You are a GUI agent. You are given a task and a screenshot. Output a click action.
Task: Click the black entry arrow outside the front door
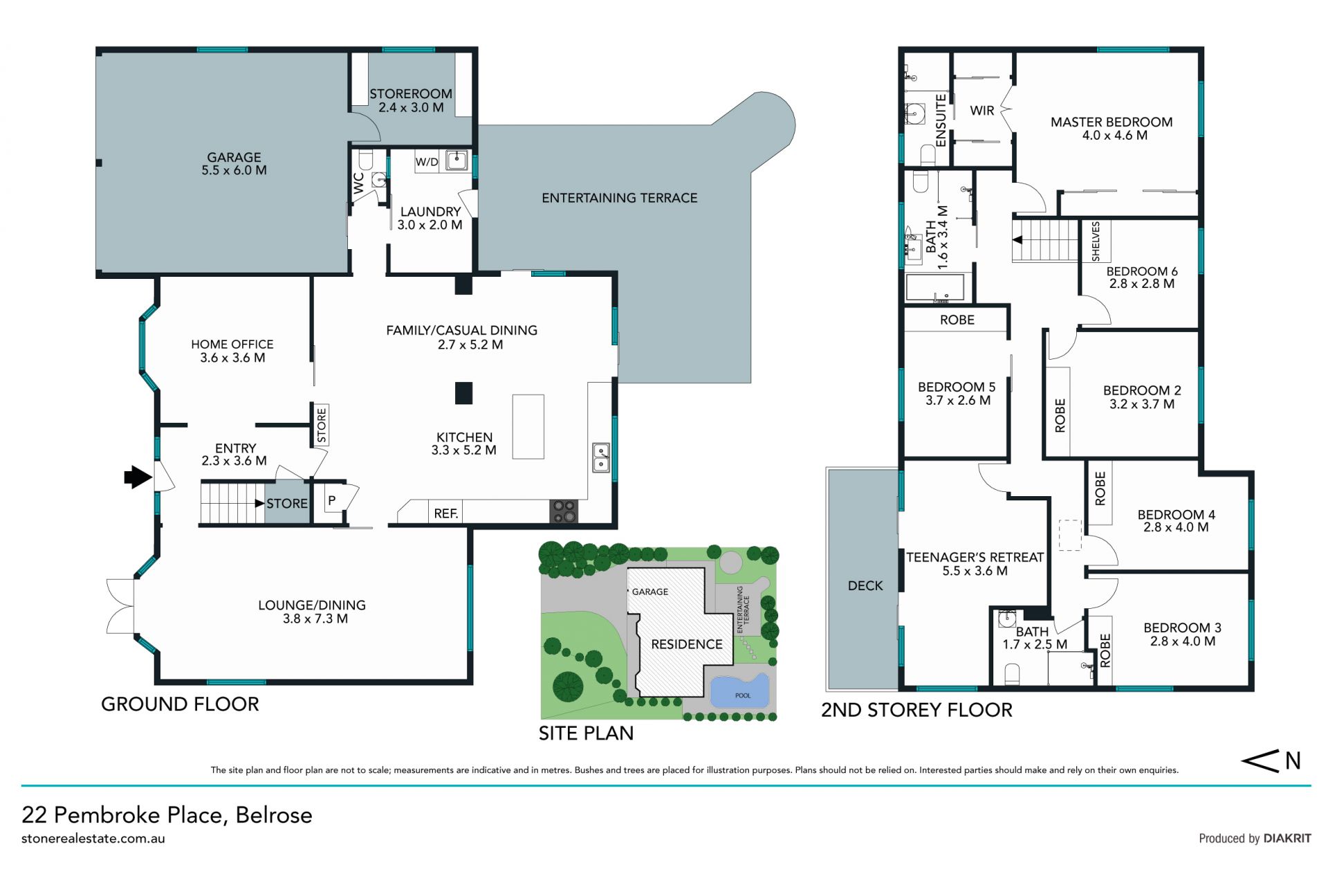point(138,477)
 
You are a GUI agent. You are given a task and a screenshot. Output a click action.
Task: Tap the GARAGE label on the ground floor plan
point(234,158)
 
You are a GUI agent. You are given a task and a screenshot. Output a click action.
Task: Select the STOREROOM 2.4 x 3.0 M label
point(411,100)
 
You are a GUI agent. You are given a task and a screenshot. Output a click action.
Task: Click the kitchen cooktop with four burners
point(564,511)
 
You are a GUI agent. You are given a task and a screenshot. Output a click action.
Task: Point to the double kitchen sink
point(601,458)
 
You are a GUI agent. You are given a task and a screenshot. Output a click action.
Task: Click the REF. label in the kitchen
point(446,513)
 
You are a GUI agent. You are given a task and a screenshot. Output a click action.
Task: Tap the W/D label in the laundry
point(427,162)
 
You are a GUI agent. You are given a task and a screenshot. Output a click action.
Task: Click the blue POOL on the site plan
point(740,691)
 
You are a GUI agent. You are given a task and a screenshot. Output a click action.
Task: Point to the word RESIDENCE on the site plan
point(687,644)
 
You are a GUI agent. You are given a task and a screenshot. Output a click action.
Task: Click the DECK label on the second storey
point(865,586)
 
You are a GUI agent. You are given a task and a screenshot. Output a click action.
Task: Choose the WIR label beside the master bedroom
point(982,111)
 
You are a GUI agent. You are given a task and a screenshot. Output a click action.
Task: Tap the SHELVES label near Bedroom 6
point(1096,241)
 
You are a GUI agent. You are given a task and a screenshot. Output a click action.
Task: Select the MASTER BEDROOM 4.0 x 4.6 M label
point(1112,129)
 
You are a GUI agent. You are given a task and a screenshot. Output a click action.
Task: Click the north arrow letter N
point(1293,761)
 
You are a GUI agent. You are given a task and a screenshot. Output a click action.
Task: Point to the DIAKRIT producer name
point(1287,839)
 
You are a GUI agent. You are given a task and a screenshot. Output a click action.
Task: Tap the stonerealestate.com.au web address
point(93,839)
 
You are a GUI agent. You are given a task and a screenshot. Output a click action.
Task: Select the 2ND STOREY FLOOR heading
point(916,710)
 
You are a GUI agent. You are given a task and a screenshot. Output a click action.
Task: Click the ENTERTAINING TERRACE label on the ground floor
point(619,198)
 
